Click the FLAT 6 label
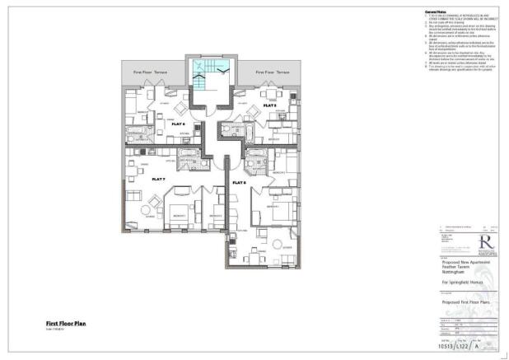pyautogui.click(x=179, y=124)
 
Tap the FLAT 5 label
pyautogui.click(x=269, y=106)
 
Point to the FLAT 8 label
pyautogui.click(x=239, y=182)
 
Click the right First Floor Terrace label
pyautogui.click(x=272, y=72)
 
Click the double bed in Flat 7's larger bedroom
pyautogui.click(x=180, y=212)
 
